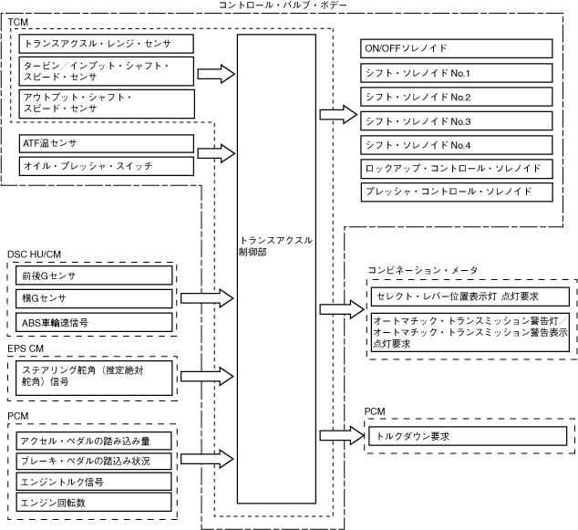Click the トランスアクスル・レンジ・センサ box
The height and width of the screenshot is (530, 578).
(x=106, y=43)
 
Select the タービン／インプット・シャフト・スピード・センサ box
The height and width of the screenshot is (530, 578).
(x=106, y=72)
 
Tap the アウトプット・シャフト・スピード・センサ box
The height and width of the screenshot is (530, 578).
(x=106, y=101)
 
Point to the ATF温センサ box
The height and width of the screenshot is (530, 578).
(x=106, y=143)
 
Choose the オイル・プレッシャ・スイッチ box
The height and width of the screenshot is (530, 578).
(x=106, y=165)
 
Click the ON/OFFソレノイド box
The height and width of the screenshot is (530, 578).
(x=457, y=48)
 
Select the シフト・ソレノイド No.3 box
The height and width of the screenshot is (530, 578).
(x=457, y=120)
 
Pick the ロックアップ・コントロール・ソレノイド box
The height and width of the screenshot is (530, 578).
(x=457, y=168)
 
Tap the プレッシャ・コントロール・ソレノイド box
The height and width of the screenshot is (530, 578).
(x=457, y=192)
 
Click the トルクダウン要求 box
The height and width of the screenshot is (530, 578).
(x=470, y=436)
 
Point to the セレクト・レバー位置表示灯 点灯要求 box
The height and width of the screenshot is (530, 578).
(x=470, y=296)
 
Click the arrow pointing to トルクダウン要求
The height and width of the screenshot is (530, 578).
(x=338, y=436)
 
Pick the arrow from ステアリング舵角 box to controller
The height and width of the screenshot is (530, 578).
(x=207, y=376)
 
